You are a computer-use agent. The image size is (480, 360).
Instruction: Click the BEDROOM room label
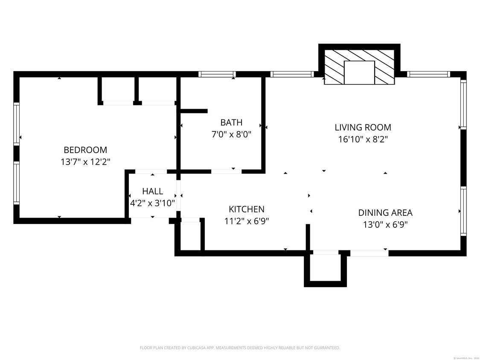pos(85,150)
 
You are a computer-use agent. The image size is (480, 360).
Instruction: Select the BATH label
pos(231,123)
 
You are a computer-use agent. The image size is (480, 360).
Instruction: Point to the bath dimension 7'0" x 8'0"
pos(231,134)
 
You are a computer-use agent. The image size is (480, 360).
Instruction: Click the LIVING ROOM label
pos(363,127)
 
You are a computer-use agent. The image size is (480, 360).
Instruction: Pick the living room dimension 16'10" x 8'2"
pos(363,139)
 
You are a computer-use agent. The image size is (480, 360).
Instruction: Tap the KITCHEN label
pos(247,209)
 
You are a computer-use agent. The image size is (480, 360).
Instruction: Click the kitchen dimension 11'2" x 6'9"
pos(247,221)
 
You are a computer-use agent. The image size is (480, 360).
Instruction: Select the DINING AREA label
pos(385,213)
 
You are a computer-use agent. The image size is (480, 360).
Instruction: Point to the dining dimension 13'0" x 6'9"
pos(385,224)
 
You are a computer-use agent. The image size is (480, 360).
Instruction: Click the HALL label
pos(153,191)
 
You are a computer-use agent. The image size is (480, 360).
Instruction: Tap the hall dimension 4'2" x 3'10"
pos(153,203)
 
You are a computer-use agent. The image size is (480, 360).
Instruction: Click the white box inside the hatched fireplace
pos(359,73)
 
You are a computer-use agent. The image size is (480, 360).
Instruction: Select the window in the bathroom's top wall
pos(218,74)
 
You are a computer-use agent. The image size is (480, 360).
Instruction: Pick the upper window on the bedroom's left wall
pos(17,124)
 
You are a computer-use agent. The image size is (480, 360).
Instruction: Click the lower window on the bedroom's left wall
pos(17,183)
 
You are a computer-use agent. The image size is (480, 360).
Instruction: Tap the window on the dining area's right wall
pos(463,211)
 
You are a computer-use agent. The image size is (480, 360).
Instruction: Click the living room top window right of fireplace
pos(428,74)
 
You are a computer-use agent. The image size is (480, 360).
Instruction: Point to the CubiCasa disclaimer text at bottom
pos(240,348)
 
